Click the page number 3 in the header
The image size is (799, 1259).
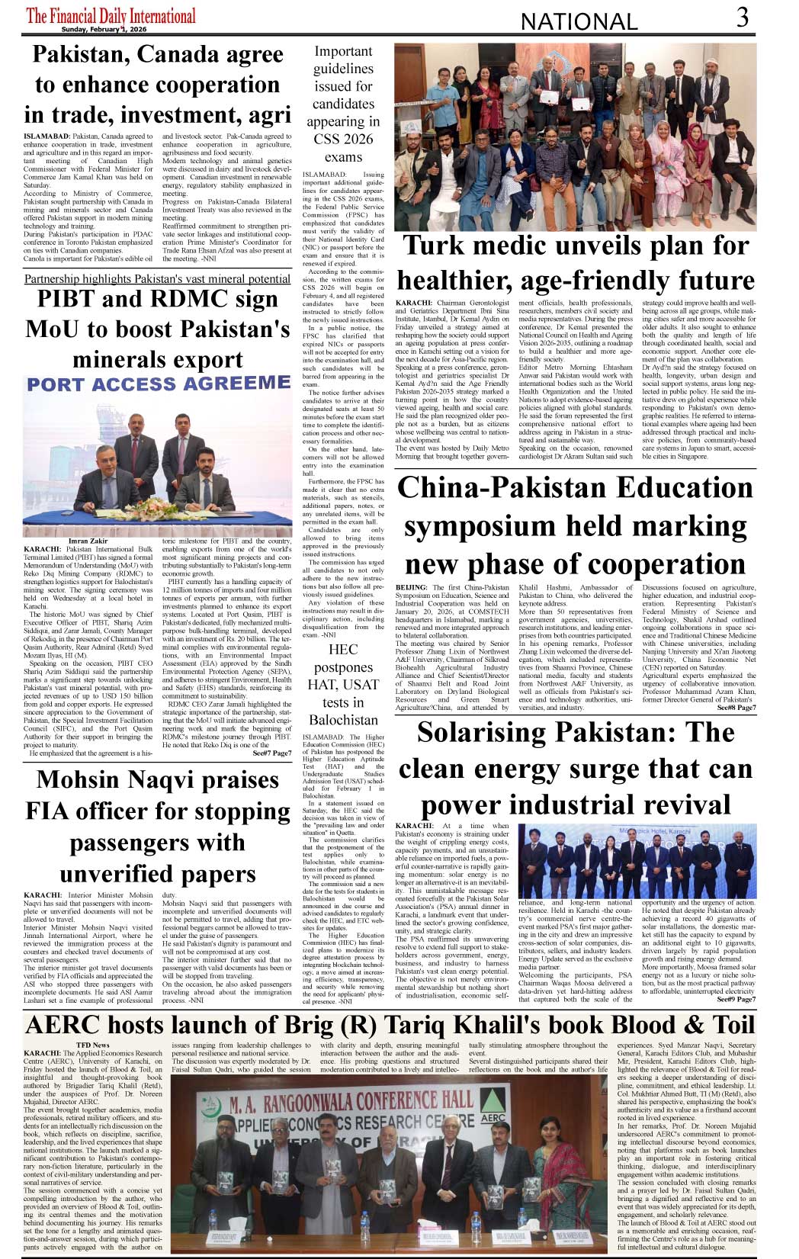coord(743,18)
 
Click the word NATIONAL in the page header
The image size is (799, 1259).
coord(579,22)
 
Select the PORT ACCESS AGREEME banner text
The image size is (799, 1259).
coord(159,384)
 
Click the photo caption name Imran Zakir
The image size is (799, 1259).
coord(88,541)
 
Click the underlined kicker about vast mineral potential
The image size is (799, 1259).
coord(157,279)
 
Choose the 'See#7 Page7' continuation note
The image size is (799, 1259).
coord(271,753)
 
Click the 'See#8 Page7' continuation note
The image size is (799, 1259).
coord(736,708)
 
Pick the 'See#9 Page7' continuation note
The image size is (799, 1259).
coord(736,999)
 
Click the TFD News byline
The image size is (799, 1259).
coord(92,1045)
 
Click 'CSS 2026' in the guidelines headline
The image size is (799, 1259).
coord(343,139)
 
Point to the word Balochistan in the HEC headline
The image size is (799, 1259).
coord(343,719)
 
